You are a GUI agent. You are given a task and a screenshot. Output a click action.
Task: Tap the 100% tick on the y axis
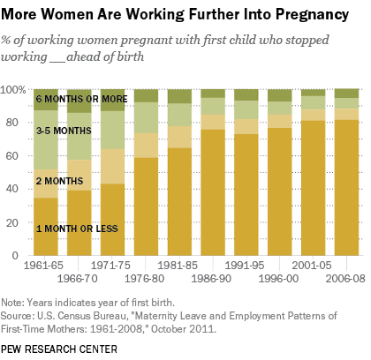click(13, 90)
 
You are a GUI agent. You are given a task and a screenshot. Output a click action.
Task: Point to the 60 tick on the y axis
click(18, 156)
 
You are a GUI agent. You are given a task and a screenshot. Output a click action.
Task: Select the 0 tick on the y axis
click(21, 256)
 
